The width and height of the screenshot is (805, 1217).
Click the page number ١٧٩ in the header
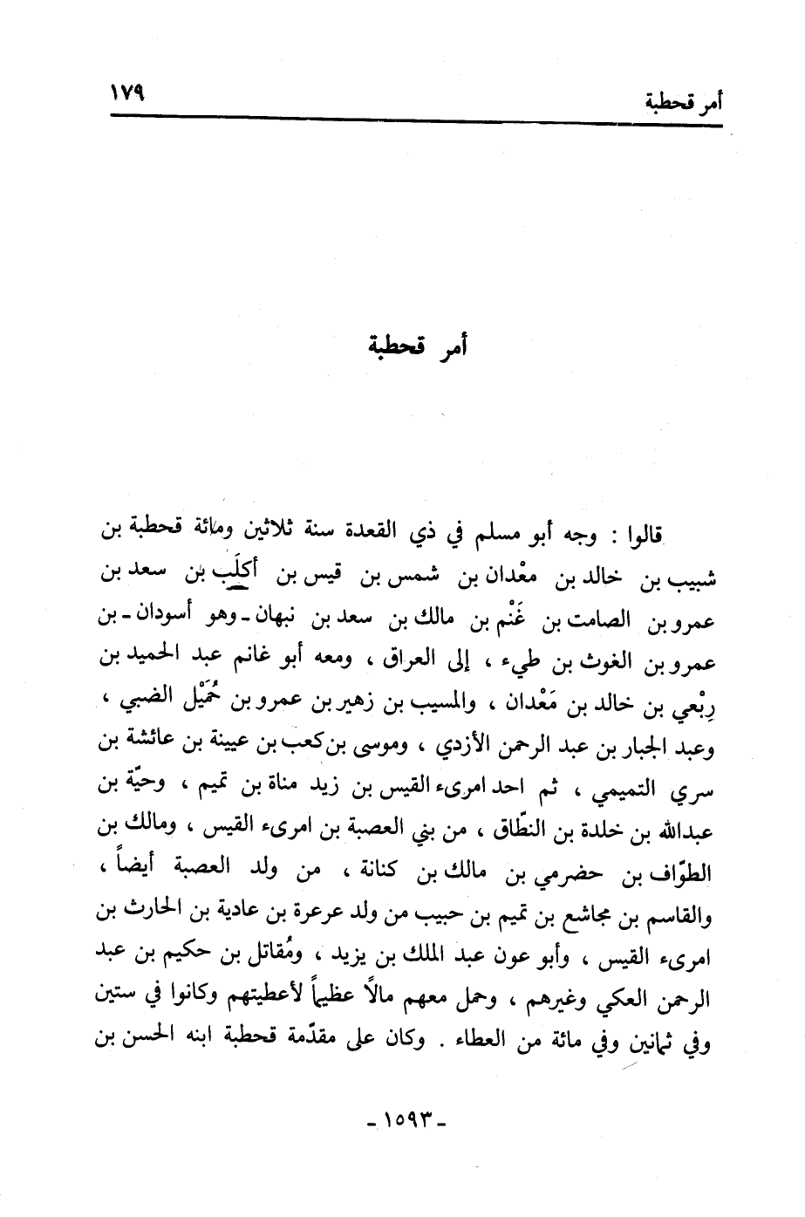click(126, 92)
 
